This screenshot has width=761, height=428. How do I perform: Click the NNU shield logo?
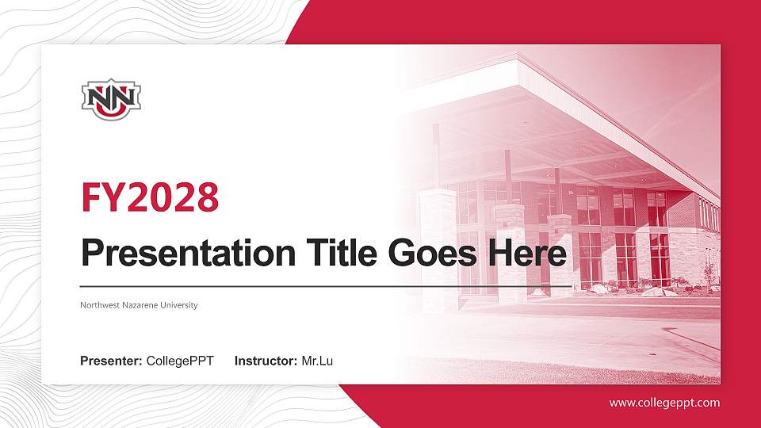[111, 98]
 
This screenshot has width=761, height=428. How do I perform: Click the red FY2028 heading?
[150, 197]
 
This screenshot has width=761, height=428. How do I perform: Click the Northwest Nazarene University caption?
[139, 305]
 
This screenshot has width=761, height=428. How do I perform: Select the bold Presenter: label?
[111, 361]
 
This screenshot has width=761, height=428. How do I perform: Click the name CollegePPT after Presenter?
[180, 361]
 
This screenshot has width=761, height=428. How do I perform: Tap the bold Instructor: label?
[266, 361]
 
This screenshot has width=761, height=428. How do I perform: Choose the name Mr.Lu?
[317, 361]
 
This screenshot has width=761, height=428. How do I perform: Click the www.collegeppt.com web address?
[664, 403]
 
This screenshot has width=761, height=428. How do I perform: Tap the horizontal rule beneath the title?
[317, 285]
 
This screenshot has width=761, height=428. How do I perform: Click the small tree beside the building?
[708, 273]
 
